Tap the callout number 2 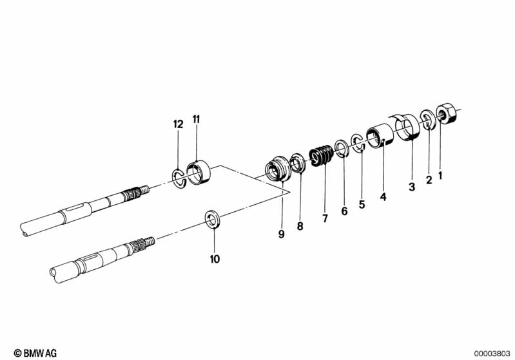(x=429, y=180)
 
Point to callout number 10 (x=215, y=259)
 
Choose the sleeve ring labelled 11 (x=199, y=172)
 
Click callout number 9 (x=282, y=234)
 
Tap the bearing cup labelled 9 (x=278, y=168)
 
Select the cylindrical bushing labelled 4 (x=380, y=135)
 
